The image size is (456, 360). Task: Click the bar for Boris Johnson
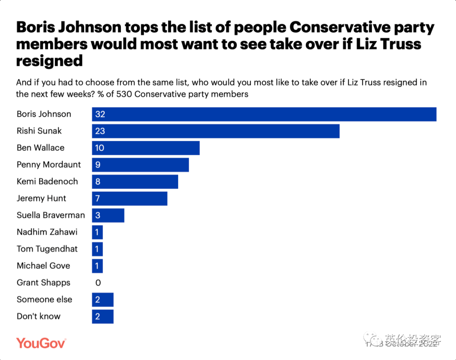coord(264,114)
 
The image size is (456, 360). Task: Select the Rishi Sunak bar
coord(216,131)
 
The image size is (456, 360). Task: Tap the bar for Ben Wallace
coord(146,148)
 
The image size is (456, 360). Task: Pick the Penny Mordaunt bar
coord(140,165)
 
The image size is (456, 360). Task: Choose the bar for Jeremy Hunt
coord(130,199)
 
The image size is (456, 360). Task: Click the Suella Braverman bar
coord(108,215)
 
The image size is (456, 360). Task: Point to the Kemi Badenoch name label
coord(47,182)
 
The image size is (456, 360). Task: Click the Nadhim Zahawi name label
coord(46,232)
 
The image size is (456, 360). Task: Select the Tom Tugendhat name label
coord(47,249)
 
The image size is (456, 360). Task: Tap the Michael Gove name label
coord(43,266)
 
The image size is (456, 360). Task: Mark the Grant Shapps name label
coord(43,283)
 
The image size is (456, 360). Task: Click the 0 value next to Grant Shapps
coord(98,283)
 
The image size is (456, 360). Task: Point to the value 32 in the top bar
coord(100,114)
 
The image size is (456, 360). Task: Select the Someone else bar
coord(103,300)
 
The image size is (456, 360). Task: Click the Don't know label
coord(38,316)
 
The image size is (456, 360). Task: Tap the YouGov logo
coord(41,343)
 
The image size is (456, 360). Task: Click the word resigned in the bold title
coord(49,61)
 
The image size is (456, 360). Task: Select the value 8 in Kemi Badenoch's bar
coord(98,182)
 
